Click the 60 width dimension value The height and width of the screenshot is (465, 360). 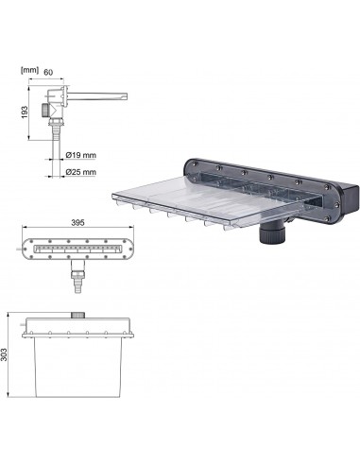[48, 72]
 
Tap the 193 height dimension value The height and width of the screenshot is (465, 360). [25, 112]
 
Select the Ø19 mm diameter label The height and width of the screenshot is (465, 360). [81, 155]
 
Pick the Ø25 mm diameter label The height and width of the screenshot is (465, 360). [81, 172]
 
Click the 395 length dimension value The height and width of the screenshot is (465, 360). [77, 222]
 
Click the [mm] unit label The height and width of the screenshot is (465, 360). [29, 70]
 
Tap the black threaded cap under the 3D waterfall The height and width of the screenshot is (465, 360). [272, 233]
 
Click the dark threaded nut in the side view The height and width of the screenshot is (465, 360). [45, 110]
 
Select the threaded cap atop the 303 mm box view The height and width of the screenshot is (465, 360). [78, 315]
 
